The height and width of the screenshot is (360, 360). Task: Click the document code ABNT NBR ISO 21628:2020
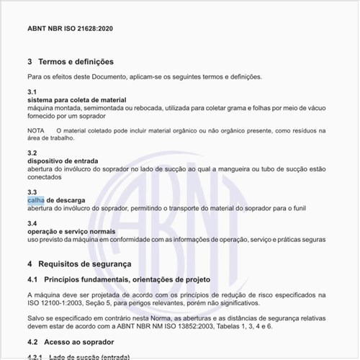click(70, 29)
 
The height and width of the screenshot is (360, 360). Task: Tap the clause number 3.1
click(32, 92)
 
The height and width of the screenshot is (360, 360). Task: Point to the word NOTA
click(36, 130)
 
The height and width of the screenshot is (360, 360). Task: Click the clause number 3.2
click(32, 153)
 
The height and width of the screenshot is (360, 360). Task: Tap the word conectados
click(45, 176)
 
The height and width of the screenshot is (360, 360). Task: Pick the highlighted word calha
click(36, 199)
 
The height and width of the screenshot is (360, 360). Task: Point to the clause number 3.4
click(32, 223)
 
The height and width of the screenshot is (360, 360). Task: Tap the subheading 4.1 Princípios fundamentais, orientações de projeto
click(119, 279)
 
